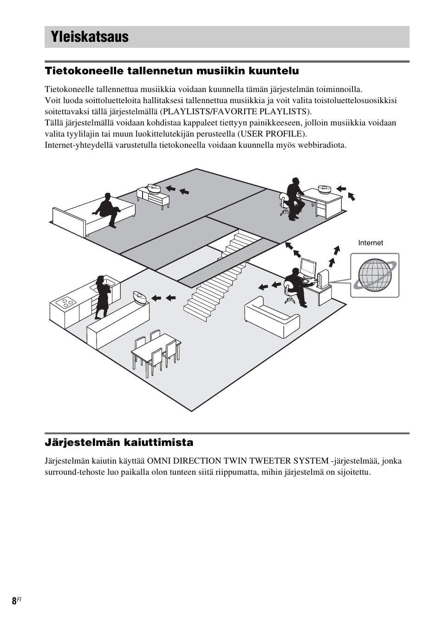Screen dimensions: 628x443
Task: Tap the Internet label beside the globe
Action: point(370,243)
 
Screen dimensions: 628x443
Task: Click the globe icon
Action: point(374,275)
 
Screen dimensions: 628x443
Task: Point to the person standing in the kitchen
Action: point(102,297)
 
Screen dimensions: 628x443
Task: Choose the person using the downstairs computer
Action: point(294,286)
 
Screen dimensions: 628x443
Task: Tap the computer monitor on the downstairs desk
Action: point(307,268)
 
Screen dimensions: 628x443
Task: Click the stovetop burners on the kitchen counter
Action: point(65,302)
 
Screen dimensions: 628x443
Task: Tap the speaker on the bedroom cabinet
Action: point(154,188)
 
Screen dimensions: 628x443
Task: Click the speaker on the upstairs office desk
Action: point(324,189)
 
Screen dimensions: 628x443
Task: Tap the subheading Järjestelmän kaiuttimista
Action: point(119,442)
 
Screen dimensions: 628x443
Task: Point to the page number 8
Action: point(14,601)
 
